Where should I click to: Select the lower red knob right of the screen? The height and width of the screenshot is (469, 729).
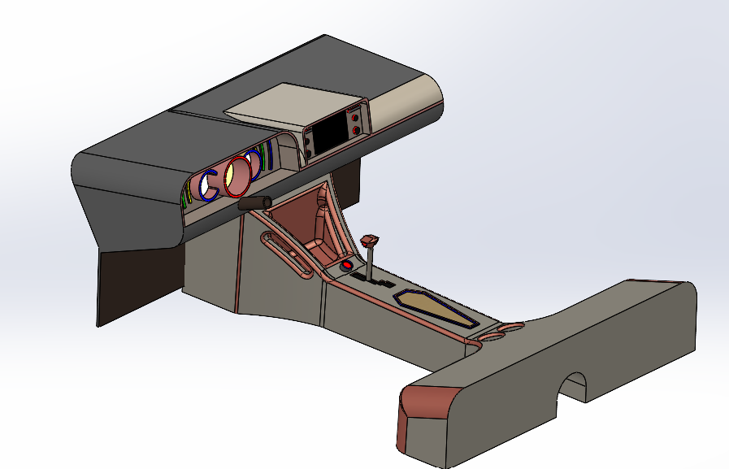(357, 130)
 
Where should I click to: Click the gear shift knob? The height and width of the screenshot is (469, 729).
(371, 241)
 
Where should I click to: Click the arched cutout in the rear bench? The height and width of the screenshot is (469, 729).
(575, 388)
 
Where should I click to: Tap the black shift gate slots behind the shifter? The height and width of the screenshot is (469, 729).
(382, 284)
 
